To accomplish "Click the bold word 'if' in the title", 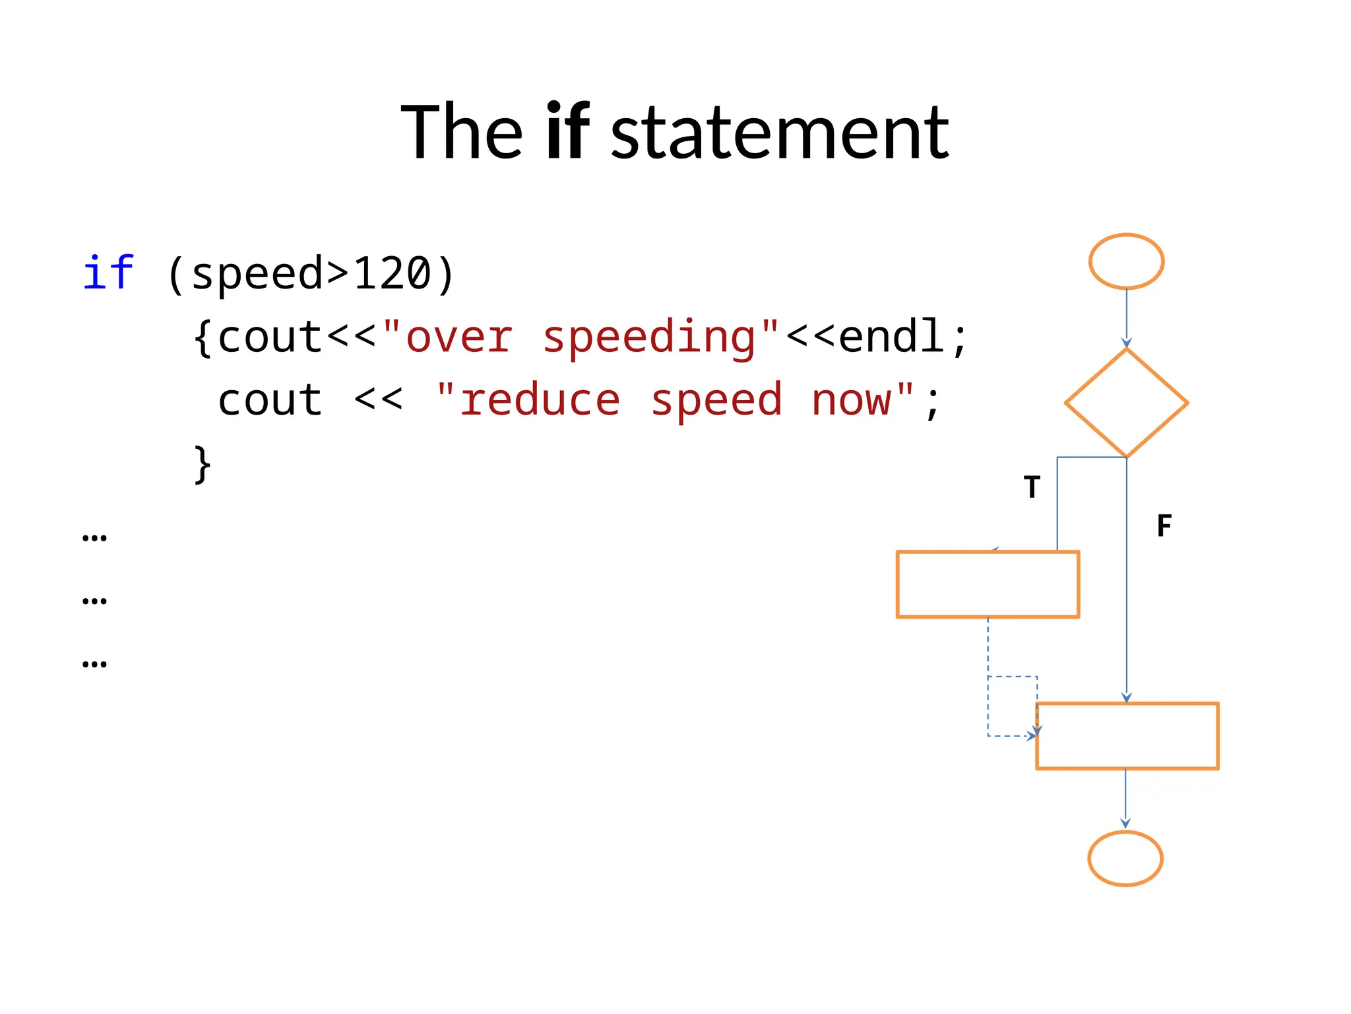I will pos(567,132).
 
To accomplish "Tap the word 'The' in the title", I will pos(462,132).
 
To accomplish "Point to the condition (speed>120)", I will pos(310,274).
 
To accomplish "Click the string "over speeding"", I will pos(581,337).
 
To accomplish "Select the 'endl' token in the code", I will pos(891,336).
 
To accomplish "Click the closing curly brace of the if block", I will pos(203,464).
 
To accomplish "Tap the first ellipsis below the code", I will pos(94,537).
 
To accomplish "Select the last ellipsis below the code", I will pos(94,663).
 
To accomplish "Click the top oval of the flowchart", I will pos(1126,261).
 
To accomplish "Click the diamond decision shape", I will pos(1126,403).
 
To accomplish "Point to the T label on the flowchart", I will pos(1032,487).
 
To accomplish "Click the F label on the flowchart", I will pos(1164,526).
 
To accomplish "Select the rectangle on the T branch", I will pos(988,584).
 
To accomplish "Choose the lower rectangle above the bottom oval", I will pos(1127,736).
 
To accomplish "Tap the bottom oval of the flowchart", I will pos(1125,858).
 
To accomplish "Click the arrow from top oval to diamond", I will pos(1127,318).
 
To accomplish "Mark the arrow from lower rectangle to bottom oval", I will pos(1125,799).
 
